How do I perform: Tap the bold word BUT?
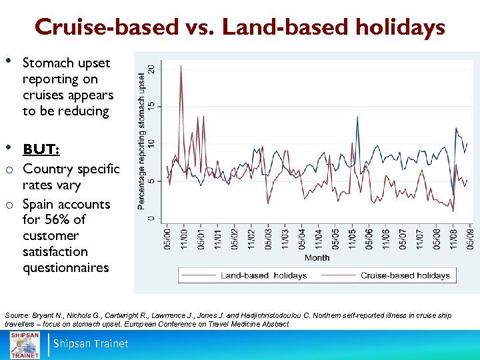tap(41, 148)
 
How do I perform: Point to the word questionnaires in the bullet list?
tap(65, 268)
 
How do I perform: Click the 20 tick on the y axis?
tap(152, 69)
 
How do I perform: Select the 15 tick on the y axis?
tap(152, 107)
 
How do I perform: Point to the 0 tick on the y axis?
tap(152, 218)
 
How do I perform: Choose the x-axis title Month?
tap(317, 257)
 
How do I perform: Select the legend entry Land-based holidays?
tap(263, 275)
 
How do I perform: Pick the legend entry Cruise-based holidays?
tap(405, 275)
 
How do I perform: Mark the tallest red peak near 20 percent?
tap(181, 66)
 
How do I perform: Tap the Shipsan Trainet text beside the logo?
tap(91, 344)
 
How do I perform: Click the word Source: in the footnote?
tap(17, 314)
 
